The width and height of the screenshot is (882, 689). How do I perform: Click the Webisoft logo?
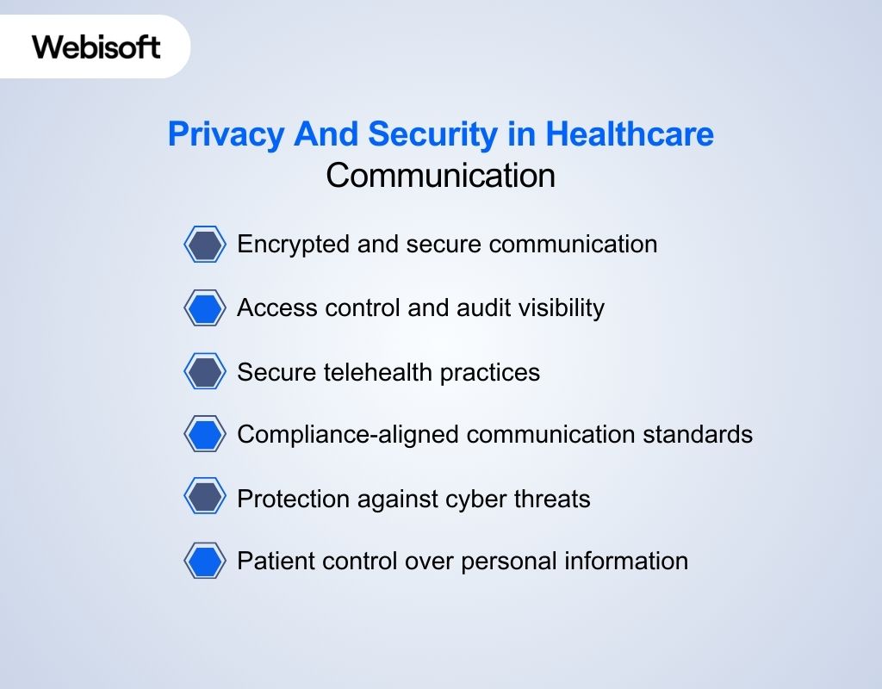[96, 46]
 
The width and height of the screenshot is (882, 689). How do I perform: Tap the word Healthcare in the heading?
[630, 135]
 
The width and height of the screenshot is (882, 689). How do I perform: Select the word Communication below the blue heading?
[440, 176]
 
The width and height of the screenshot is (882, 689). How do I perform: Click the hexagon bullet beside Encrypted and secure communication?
[205, 245]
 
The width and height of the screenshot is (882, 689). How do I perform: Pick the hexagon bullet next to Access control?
[205, 308]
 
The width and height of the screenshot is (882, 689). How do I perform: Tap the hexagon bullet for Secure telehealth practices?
[205, 372]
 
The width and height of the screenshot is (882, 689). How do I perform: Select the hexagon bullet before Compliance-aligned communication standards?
[205, 434]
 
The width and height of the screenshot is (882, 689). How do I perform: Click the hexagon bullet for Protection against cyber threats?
[205, 498]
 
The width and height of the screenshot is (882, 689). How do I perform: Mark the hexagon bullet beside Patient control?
[205, 562]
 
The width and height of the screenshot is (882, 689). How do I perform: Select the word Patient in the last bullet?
[272, 562]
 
